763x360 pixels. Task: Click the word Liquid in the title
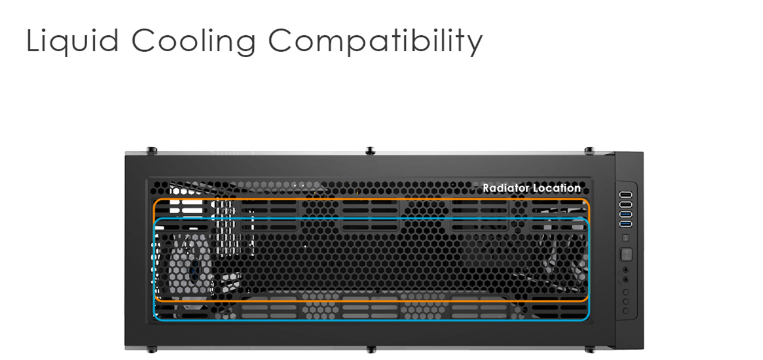click(72, 42)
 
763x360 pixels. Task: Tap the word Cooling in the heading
click(194, 42)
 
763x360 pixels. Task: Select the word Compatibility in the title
click(376, 42)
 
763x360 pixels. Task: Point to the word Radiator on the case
click(506, 188)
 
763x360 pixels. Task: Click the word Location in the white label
click(557, 188)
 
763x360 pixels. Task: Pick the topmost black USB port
click(626, 194)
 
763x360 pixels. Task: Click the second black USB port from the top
click(626, 204)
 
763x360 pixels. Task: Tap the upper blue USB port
click(626, 214)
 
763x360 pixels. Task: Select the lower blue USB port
click(626, 224)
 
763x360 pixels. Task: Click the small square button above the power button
click(626, 238)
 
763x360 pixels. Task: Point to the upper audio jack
click(626, 270)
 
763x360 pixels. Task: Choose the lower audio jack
click(626, 280)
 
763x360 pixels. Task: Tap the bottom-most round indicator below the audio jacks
click(626, 311)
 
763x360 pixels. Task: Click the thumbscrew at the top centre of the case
click(370, 151)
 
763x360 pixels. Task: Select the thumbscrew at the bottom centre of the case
click(371, 349)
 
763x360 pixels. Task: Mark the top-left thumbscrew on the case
click(151, 151)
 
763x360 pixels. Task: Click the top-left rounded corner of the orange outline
click(156, 201)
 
